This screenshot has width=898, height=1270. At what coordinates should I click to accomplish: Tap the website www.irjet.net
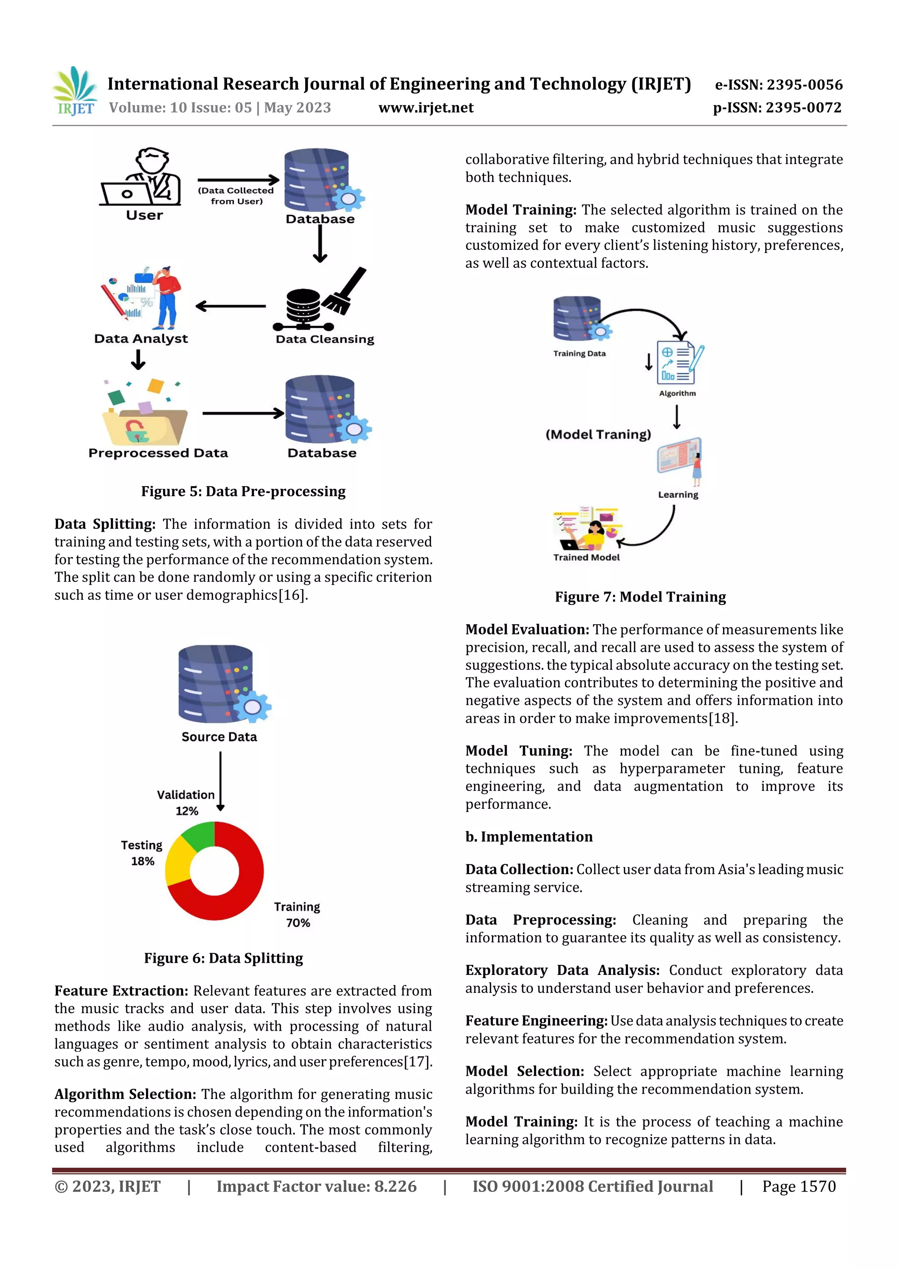pos(425,108)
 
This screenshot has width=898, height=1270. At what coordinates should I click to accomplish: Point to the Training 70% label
pos(297,914)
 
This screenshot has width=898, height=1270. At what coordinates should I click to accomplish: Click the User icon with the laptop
pos(142,177)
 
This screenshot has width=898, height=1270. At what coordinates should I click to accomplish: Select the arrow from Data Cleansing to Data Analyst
pos(231,306)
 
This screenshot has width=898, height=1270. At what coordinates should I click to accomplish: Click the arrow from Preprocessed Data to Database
pos(243,413)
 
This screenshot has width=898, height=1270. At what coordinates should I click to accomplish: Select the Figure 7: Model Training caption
pos(640,597)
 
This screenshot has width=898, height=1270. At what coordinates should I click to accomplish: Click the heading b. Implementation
pos(528,837)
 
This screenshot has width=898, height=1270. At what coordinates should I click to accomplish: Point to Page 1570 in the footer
pos(798,1186)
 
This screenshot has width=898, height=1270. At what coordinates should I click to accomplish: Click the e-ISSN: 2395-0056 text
pos(778,85)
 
